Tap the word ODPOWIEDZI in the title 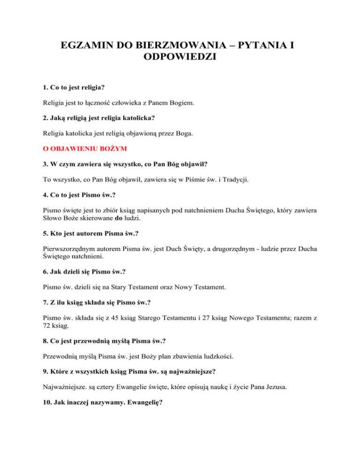[180, 60]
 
